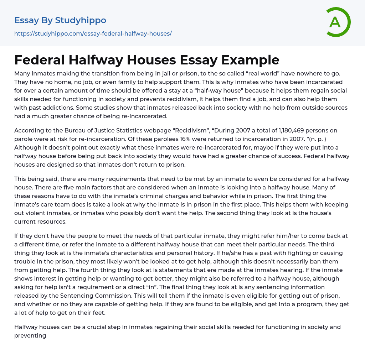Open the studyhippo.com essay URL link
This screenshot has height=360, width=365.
(x=93, y=34)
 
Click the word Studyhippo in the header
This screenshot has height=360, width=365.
(x=81, y=20)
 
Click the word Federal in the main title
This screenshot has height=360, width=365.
(x=39, y=60)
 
